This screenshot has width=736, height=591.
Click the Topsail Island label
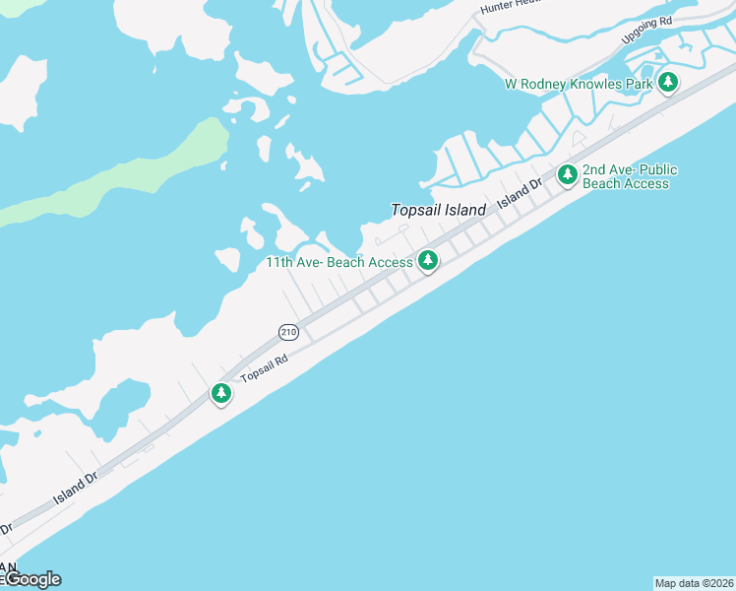point(439,210)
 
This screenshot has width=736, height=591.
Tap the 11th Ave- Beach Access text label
point(339,263)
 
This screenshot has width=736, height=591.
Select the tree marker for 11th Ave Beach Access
point(427,261)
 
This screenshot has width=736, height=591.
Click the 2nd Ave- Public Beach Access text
point(630,176)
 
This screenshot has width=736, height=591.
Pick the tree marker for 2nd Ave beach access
point(567,175)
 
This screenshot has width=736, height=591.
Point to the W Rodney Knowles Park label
point(579,85)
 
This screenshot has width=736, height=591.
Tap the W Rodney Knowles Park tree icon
point(668,82)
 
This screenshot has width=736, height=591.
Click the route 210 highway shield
point(287,332)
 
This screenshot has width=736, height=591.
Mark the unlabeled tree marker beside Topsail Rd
point(221,394)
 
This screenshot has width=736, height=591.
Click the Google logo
point(31,579)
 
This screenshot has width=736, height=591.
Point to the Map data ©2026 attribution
point(694,582)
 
